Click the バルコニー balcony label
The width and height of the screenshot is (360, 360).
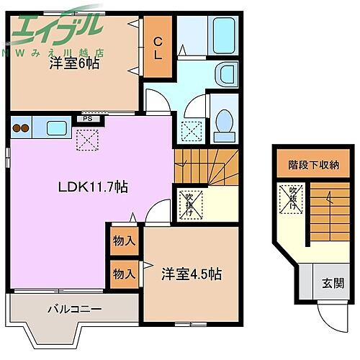tap(74, 310)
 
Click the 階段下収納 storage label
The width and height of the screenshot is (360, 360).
tap(313, 165)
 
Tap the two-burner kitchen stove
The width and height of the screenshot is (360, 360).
tap(20, 130)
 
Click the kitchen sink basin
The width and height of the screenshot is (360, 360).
tap(56, 129)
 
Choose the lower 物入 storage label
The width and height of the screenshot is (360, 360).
tap(124, 274)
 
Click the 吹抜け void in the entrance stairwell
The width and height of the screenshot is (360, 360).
tap(292, 197)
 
